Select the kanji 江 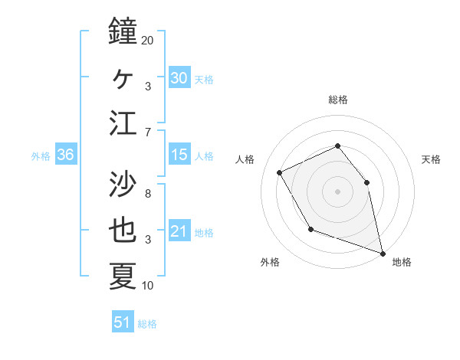[123, 123]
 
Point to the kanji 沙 [123, 183]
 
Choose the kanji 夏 [123, 276]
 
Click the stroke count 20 [147, 40]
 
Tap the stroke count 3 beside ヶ [147, 86]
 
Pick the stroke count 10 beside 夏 [147, 286]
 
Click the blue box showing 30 [179, 77]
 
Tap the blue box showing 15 [179, 155]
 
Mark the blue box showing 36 [66, 155]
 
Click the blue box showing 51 [123, 322]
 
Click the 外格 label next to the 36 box [41, 155]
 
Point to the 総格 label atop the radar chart [338, 100]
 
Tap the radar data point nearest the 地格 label [382, 253]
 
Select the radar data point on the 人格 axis [280, 172]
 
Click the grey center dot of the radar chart [338, 191]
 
